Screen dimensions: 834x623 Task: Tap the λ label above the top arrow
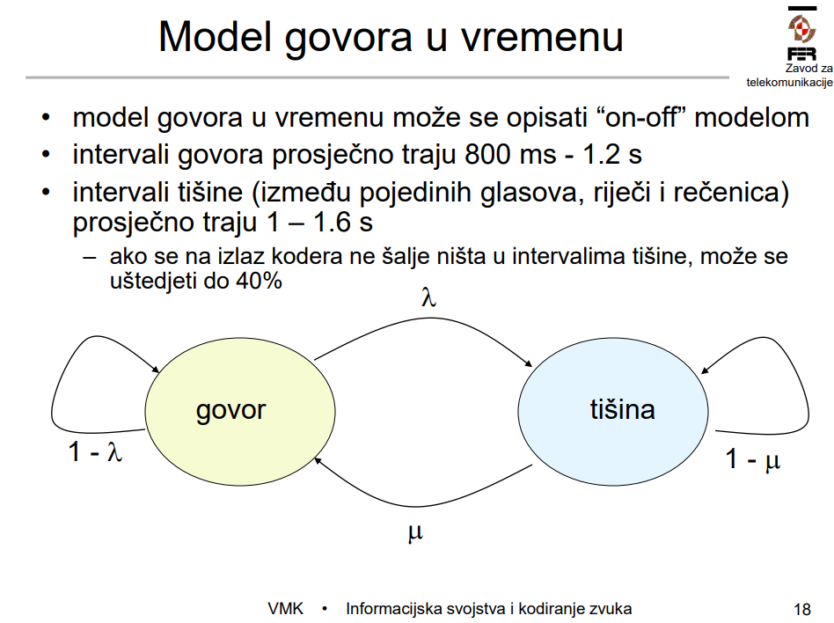tap(428, 297)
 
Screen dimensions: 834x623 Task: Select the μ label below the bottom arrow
tap(415, 532)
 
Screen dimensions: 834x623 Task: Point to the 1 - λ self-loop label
tap(95, 451)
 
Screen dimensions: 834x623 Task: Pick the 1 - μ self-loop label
tap(752, 458)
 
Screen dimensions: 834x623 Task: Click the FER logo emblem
tap(802, 28)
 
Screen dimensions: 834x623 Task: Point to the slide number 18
tap(802, 609)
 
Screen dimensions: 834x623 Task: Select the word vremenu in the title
tap(542, 37)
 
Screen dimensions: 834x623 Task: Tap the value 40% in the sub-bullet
tap(259, 281)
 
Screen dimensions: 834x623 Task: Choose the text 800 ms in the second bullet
tap(510, 154)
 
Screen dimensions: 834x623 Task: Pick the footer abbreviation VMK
tap(286, 609)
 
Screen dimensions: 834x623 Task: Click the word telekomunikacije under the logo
tap(789, 82)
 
